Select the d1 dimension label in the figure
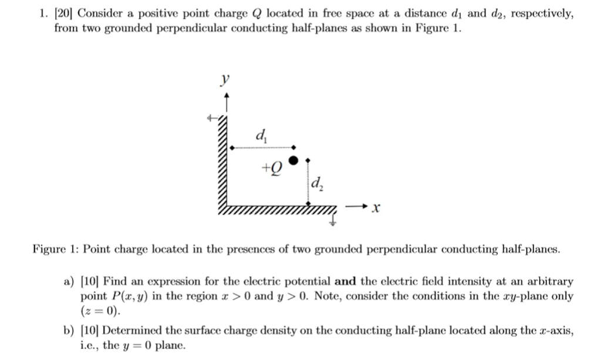pos(260,137)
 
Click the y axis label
pos(224,80)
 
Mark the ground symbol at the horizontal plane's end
pos(333,219)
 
